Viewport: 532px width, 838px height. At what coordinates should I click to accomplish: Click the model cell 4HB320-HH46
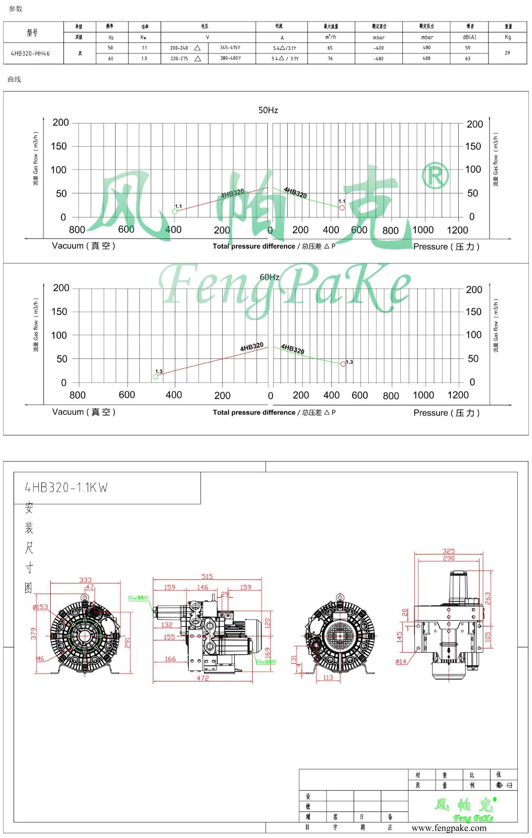30,53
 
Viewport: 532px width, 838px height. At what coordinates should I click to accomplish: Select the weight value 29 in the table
507,53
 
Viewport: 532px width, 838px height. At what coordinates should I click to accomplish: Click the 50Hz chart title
268,110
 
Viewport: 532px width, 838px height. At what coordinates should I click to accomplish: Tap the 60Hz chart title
269,277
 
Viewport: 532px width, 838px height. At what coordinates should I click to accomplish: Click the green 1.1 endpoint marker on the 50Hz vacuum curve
175,211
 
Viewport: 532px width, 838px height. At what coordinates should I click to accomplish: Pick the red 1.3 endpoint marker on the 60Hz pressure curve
343,364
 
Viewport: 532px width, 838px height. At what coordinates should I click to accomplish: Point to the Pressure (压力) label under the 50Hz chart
446,246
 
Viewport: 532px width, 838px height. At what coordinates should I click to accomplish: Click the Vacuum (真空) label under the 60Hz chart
84,412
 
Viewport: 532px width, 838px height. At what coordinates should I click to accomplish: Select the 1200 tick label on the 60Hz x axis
458,395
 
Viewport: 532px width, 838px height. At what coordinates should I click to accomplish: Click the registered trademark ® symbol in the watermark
435,175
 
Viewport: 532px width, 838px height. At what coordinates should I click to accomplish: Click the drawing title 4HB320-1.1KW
66,488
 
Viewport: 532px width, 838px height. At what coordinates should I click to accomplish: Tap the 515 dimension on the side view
207,576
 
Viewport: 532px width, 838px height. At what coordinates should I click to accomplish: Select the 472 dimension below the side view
202,678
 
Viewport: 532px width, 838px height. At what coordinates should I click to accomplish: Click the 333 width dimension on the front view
85,580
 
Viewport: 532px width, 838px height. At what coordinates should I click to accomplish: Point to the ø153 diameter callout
40,607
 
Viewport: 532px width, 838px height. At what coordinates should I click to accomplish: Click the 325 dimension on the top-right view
448,551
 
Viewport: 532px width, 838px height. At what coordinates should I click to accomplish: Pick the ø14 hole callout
401,661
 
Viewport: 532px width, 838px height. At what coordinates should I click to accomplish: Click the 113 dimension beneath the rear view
328,677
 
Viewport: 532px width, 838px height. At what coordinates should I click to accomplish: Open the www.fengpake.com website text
449,828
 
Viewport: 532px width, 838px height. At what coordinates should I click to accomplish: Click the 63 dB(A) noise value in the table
468,59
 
